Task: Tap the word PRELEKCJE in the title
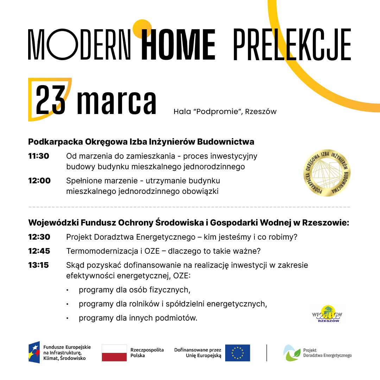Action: point(292,45)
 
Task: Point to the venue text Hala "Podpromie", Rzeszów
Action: point(225,112)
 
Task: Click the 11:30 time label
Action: point(39,156)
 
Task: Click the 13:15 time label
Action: point(39,265)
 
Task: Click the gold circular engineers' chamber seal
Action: point(327,173)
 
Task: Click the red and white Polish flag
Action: point(114,353)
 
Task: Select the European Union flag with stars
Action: point(237,353)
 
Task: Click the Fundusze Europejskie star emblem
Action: point(34,352)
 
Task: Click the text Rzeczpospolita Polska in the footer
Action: point(147,353)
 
